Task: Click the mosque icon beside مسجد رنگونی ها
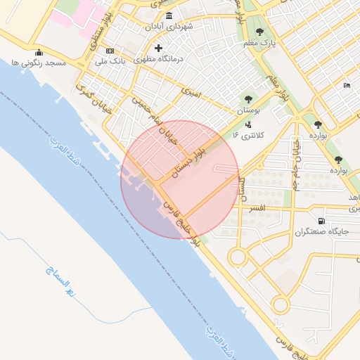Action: [x=39, y=53]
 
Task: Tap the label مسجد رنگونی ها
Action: [x=38, y=63]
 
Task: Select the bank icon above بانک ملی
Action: [x=110, y=51]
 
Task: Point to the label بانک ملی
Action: [x=109, y=62]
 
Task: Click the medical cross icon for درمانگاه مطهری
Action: [x=158, y=49]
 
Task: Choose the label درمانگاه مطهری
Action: [x=159, y=59]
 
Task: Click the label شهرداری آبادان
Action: [x=169, y=26]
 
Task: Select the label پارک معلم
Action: [x=259, y=43]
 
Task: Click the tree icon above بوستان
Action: [x=247, y=99]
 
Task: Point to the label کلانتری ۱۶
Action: [x=247, y=134]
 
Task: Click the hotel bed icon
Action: [x=347, y=86]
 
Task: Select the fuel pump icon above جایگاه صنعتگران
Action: [x=321, y=220]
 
